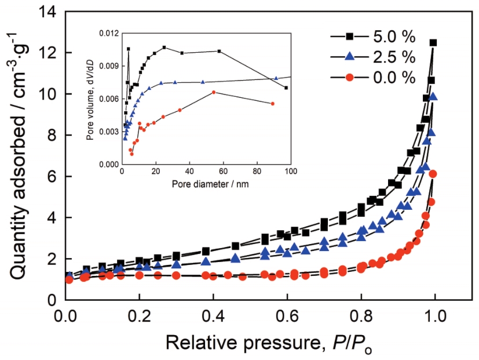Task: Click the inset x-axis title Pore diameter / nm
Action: (x=206, y=184)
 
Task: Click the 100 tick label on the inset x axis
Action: (x=290, y=173)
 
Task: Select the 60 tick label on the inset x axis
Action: (x=223, y=173)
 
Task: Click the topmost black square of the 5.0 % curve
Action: (x=433, y=43)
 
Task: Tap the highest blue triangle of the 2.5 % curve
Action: (x=433, y=96)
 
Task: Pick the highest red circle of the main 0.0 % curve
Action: (x=432, y=174)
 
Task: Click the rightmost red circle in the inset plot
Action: (x=272, y=104)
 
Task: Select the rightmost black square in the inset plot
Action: (x=286, y=88)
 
